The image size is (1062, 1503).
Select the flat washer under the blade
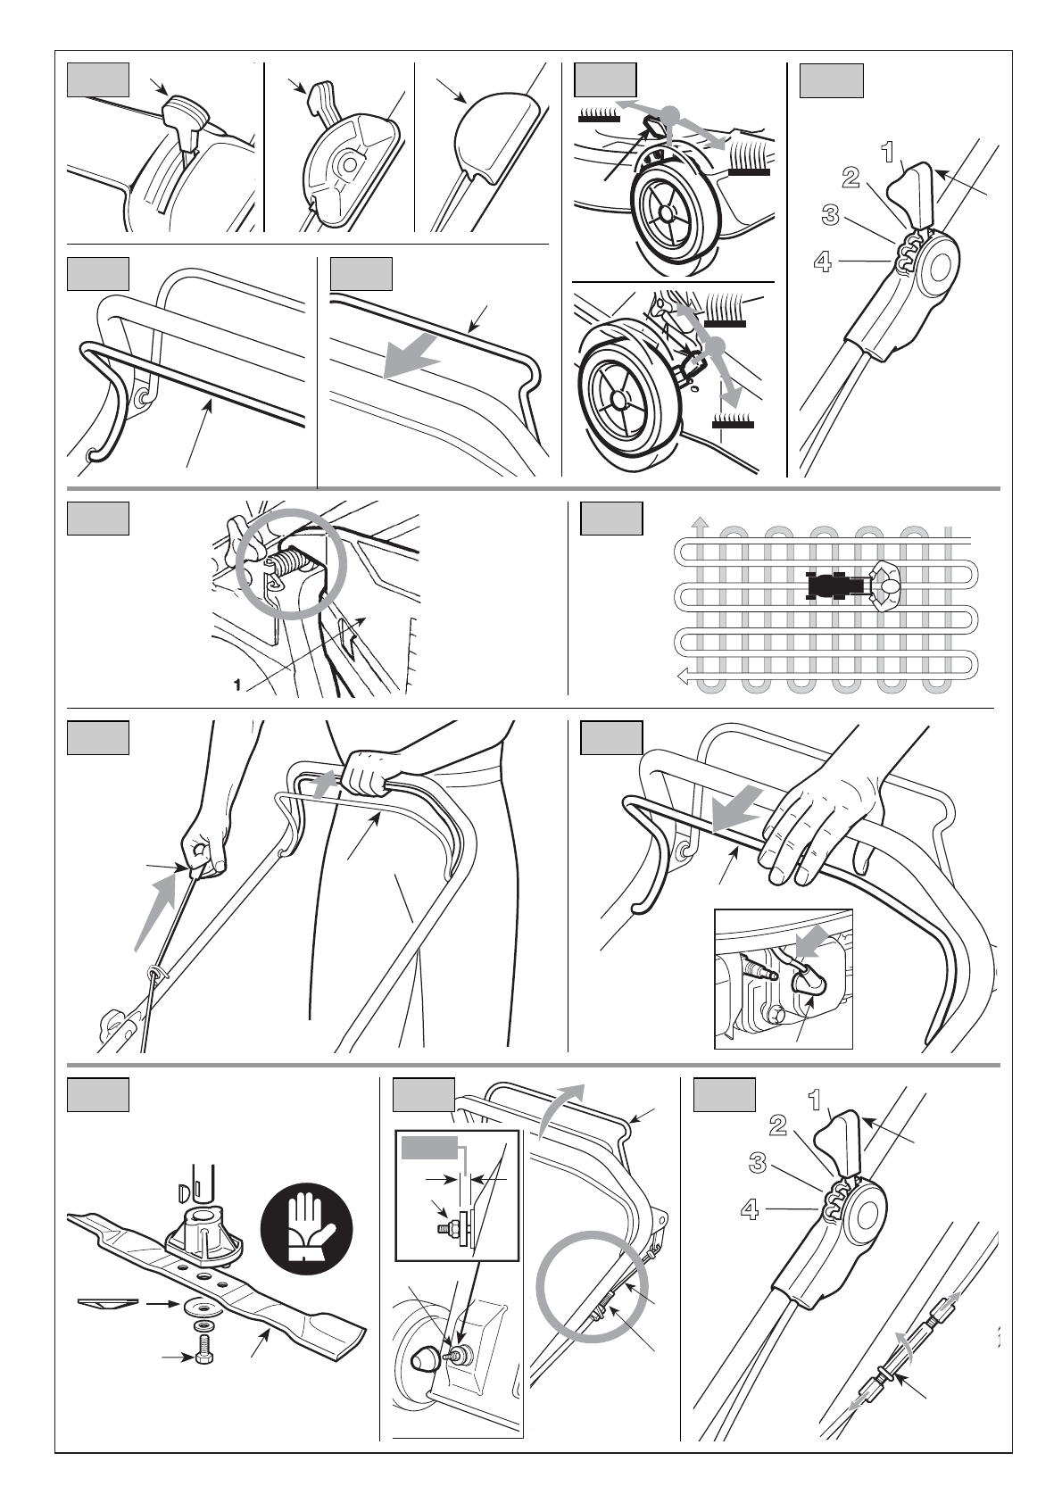tap(202, 1306)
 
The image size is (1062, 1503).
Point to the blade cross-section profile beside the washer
tap(107, 1303)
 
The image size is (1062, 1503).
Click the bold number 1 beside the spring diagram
tap(236, 685)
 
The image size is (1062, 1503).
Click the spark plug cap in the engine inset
tap(807, 982)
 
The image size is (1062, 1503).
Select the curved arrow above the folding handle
tap(562, 1107)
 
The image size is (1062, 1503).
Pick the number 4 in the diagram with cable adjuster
tap(750, 1210)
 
